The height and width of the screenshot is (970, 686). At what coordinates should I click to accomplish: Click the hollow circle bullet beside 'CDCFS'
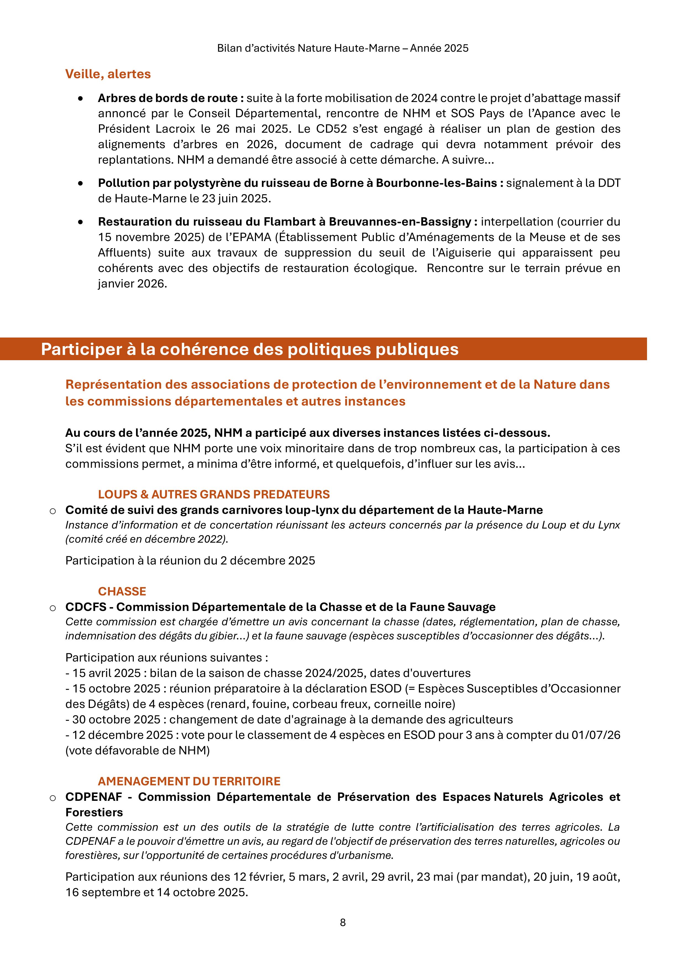pos(53,608)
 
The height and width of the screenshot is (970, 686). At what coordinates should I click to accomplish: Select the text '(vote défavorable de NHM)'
pos(137,751)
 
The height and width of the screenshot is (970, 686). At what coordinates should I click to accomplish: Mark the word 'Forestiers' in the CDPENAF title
pos(94,812)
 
